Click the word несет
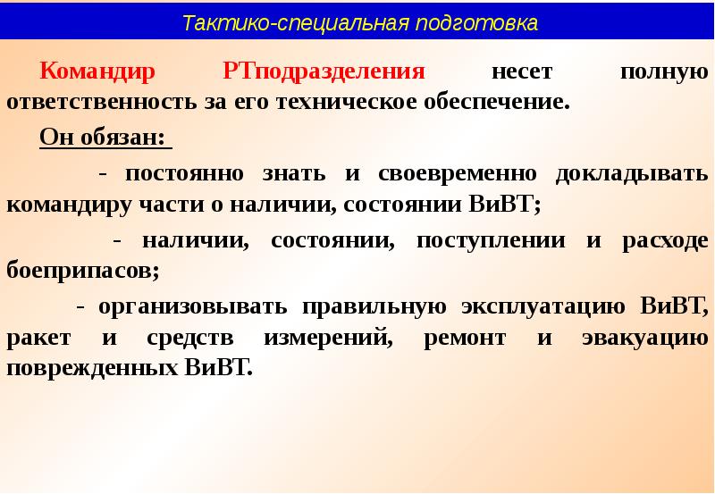(523, 71)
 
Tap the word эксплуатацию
(543, 306)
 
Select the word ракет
(36, 337)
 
